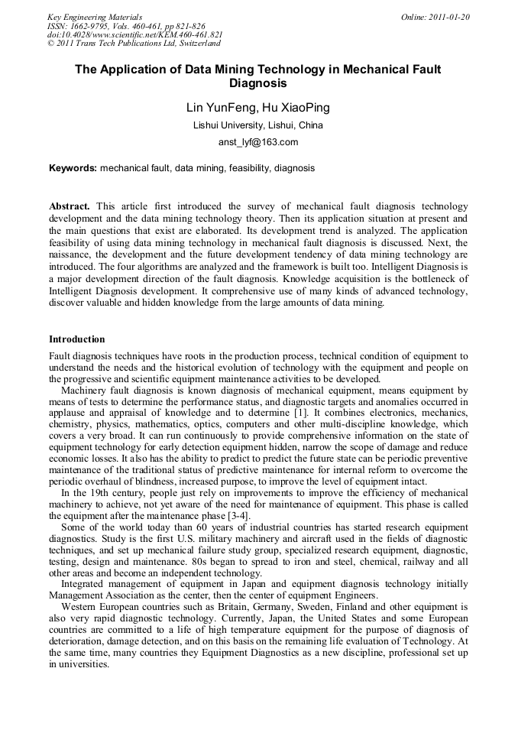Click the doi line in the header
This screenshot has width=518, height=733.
click(134, 35)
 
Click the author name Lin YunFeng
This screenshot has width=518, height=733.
click(219, 108)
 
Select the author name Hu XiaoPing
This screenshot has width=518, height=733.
click(297, 108)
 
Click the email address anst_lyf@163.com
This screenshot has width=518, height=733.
click(258, 142)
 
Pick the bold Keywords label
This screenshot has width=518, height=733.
click(73, 167)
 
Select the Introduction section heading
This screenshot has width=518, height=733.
click(77, 339)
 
